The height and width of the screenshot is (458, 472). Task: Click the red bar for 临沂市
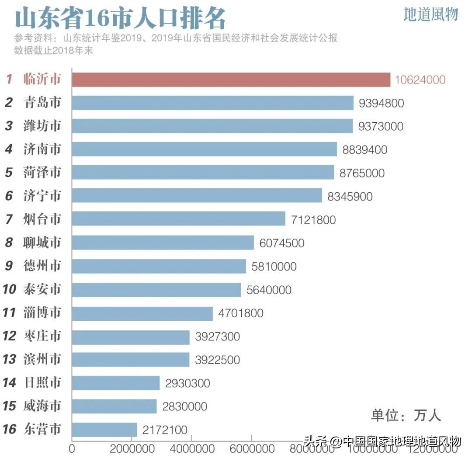pyautogui.click(x=231, y=80)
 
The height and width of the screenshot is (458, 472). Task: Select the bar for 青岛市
pyautogui.click(x=212, y=103)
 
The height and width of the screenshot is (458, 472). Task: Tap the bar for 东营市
pyautogui.click(x=104, y=430)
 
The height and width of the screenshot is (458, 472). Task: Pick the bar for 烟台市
pyautogui.click(x=178, y=219)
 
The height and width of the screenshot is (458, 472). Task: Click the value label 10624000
pyautogui.click(x=420, y=80)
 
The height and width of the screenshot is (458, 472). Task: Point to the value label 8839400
pyautogui.click(x=365, y=150)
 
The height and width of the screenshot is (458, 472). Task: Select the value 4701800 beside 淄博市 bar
pyautogui.click(x=241, y=313)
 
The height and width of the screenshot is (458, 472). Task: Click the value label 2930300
pyautogui.click(x=187, y=383)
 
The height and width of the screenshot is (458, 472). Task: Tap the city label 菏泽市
pyautogui.click(x=42, y=173)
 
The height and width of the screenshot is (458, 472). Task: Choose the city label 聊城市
pyautogui.click(x=42, y=243)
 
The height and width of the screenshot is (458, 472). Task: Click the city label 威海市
pyautogui.click(x=42, y=406)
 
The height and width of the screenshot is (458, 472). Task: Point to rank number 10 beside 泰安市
pyautogui.click(x=9, y=289)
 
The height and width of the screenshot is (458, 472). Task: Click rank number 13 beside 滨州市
pyautogui.click(x=9, y=360)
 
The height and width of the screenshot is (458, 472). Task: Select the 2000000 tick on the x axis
pyautogui.click(x=132, y=448)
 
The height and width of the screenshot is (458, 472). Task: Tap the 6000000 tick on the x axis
pyautogui.click(x=252, y=448)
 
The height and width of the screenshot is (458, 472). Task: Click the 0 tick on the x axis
pyautogui.click(x=72, y=448)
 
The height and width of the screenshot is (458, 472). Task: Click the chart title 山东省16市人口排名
pyautogui.click(x=120, y=18)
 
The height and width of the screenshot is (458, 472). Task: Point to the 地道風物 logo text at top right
pyautogui.click(x=430, y=14)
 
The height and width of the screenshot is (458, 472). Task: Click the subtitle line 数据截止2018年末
pyautogui.click(x=54, y=50)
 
